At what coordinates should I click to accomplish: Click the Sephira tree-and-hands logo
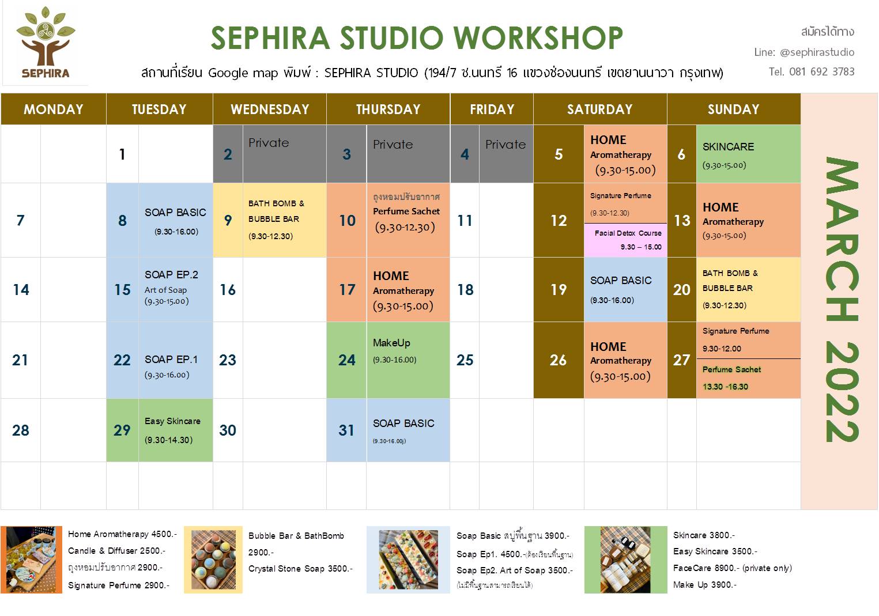point(46,44)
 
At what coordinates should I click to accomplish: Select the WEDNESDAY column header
point(270,109)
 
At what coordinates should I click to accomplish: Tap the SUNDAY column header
point(733,109)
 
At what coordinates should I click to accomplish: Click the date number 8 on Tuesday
point(122,221)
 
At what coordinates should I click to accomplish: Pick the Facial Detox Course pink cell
point(625,240)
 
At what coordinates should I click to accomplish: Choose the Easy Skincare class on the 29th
point(175,430)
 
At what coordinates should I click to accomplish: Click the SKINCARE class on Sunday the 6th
point(748,154)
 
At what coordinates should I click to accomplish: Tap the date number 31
point(346,430)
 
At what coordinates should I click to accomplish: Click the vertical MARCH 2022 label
point(840,300)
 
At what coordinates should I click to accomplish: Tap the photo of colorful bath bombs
point(213,560)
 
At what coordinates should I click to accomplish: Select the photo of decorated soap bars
point(408,560)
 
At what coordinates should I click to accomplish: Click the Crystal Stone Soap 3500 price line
point(300,569)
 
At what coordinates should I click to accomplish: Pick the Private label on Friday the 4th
point(505,145)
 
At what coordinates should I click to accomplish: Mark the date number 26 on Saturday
point(558,360)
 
